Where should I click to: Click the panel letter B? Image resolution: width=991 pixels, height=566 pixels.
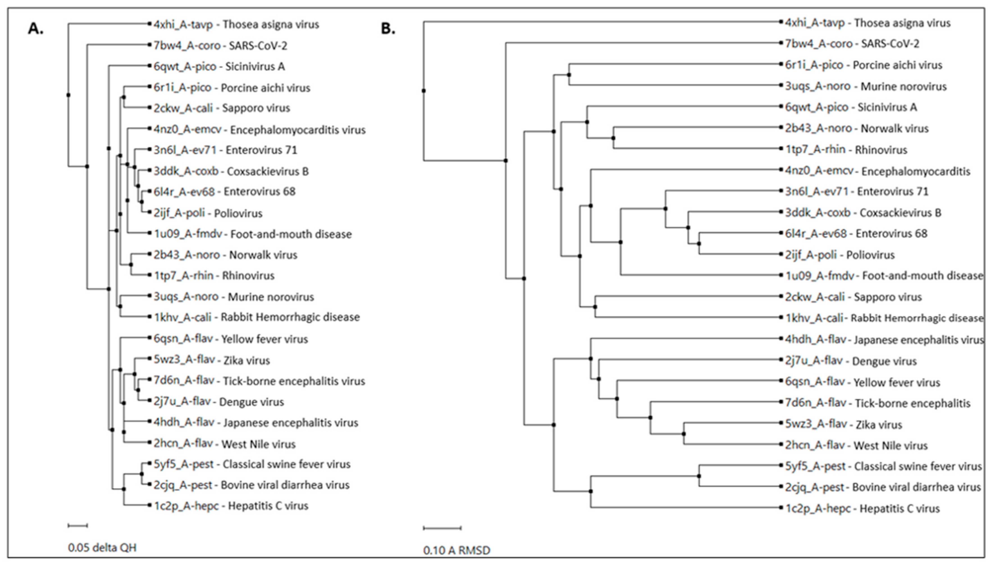[x=388, y=28]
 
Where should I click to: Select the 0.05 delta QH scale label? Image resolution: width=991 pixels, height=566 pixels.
[x=102, y=548]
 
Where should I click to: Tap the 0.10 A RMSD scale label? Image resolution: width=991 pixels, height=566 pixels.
[x=457, y=550]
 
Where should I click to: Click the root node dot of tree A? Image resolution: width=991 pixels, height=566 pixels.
[x=69, y=95]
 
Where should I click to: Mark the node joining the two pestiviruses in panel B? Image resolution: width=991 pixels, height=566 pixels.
[x=699, y=476]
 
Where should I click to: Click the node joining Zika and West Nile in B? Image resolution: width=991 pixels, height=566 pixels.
[x=684, y=434]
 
